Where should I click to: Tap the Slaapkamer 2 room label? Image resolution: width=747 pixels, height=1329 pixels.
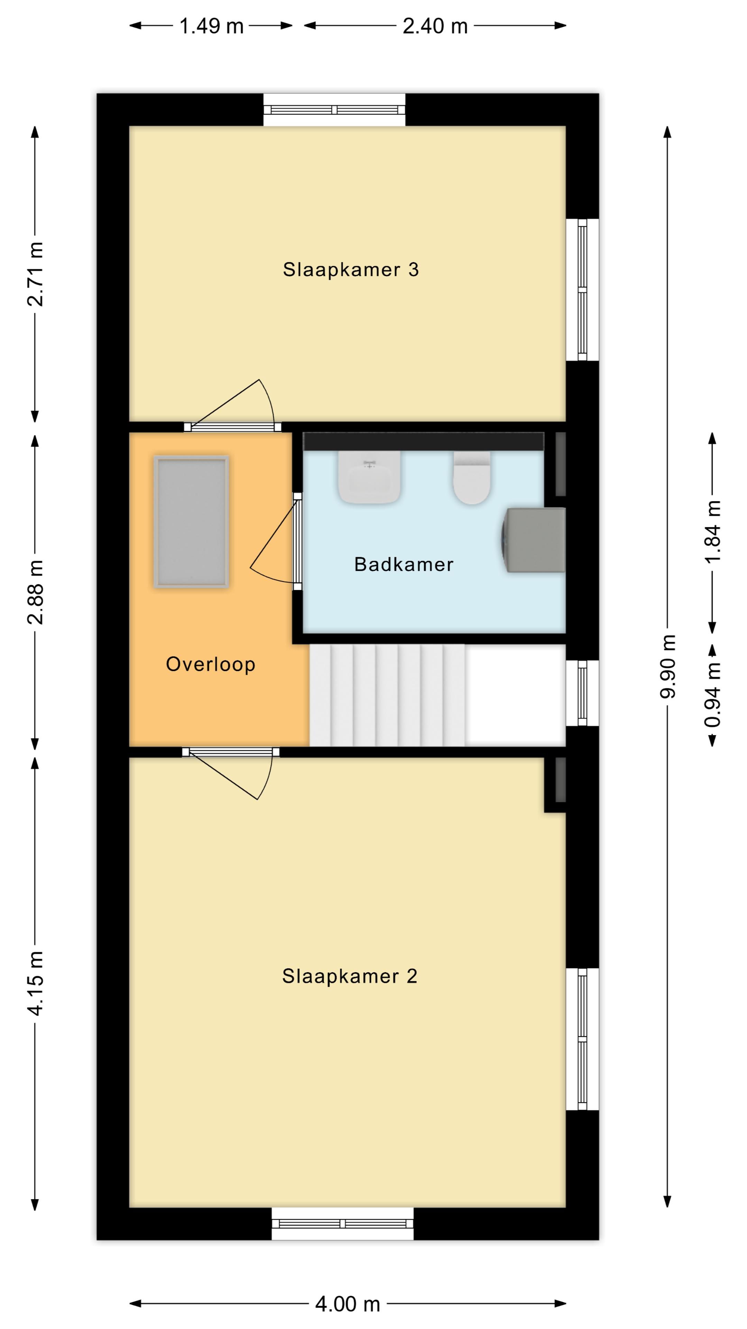350,976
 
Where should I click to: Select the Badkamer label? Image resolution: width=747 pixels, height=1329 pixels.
404,564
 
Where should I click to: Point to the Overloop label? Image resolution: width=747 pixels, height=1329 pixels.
210,664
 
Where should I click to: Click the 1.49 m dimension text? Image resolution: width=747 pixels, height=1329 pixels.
211,26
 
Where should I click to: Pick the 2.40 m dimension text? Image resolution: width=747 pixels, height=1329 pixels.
435,26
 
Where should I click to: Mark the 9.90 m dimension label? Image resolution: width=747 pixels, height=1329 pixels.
667,667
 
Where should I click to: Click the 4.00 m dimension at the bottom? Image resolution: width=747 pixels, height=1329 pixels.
348,1304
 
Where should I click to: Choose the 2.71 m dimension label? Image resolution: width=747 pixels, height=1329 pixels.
36,274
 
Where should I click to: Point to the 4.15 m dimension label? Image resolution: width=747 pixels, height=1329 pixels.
36,983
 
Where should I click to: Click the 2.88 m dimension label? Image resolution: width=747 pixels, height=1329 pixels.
36,592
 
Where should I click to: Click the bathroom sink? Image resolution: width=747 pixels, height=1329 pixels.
369,477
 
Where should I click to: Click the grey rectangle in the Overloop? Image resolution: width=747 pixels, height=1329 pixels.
191,522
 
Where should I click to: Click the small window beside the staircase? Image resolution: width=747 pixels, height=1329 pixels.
582,693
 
